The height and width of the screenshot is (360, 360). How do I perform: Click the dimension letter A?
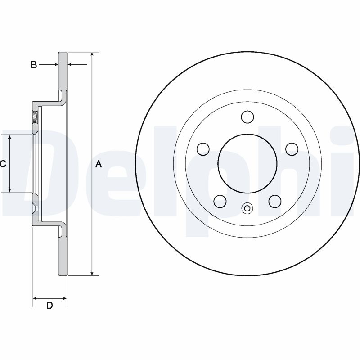[99, 164]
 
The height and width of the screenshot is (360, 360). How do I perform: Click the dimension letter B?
[34, 65]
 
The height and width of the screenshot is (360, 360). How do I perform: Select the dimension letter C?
[3, 164]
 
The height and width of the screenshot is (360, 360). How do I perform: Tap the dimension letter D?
[49, 306]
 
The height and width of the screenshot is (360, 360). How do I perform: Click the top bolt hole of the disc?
[247, 117]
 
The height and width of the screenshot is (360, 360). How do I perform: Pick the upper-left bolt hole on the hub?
[203, 149]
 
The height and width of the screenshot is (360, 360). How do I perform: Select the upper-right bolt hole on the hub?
[292, 149]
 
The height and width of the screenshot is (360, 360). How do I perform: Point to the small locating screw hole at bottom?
[247, 208]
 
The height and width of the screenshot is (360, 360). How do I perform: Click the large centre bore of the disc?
[247, 163]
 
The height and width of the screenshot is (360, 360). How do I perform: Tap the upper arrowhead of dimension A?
[92, 54]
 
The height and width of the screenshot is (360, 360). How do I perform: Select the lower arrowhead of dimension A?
[92, 273]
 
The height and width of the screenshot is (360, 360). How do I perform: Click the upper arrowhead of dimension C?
[9, 138]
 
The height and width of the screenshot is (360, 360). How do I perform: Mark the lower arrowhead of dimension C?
[9, 189]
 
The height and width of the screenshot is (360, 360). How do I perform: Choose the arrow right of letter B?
[49, 65]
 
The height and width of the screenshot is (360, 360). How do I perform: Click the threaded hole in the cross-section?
[36, 117]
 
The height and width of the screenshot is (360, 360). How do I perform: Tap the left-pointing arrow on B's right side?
[77, 65]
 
